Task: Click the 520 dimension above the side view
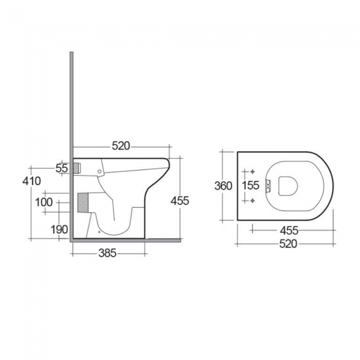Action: pos(121,146)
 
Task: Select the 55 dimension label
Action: pos(61,168)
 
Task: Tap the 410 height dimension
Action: pos(32,181)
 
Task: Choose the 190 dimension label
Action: pos(60,229)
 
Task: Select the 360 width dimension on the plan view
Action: pos(223,186)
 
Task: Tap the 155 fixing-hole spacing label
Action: pos(250,186)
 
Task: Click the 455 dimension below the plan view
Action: pos(289,229)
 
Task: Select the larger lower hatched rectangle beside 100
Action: pos(83,202)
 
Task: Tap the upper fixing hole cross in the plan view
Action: pos(252,171)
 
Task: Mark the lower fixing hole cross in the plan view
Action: pos(252,200)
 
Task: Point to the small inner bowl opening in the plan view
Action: pos(286,186)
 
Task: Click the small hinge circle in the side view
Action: pos(100,172)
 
